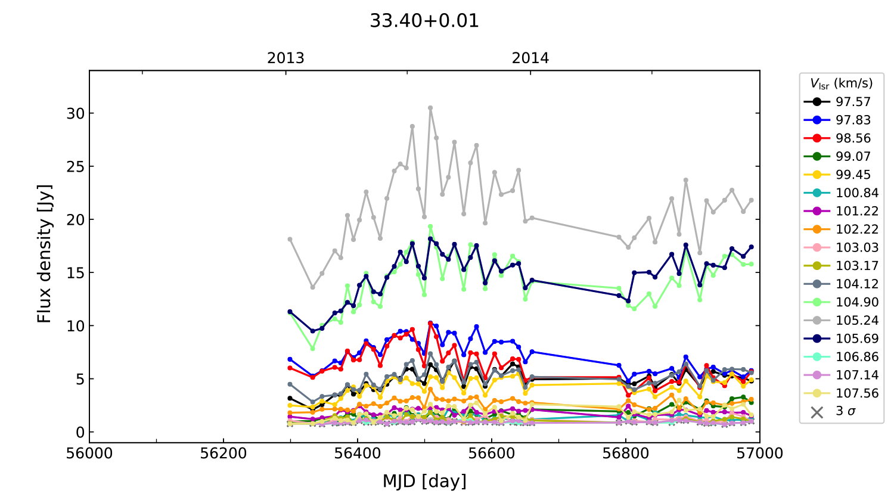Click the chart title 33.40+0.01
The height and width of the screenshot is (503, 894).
click(424, 21)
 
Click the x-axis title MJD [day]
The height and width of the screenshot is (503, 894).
click(424, 480)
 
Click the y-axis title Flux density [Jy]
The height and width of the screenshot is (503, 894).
click(45, 254)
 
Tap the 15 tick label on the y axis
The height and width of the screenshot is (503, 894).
click(76, 273)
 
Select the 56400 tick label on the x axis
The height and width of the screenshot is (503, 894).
click(357, 454)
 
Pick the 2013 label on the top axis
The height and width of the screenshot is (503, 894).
click(285, 58)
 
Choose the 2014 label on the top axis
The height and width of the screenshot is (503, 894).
click(530, 58)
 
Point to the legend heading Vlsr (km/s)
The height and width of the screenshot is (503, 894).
click(841, 83)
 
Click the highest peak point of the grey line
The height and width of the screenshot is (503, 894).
click(430, 108)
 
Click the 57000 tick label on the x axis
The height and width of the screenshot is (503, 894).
click(759, 454)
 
